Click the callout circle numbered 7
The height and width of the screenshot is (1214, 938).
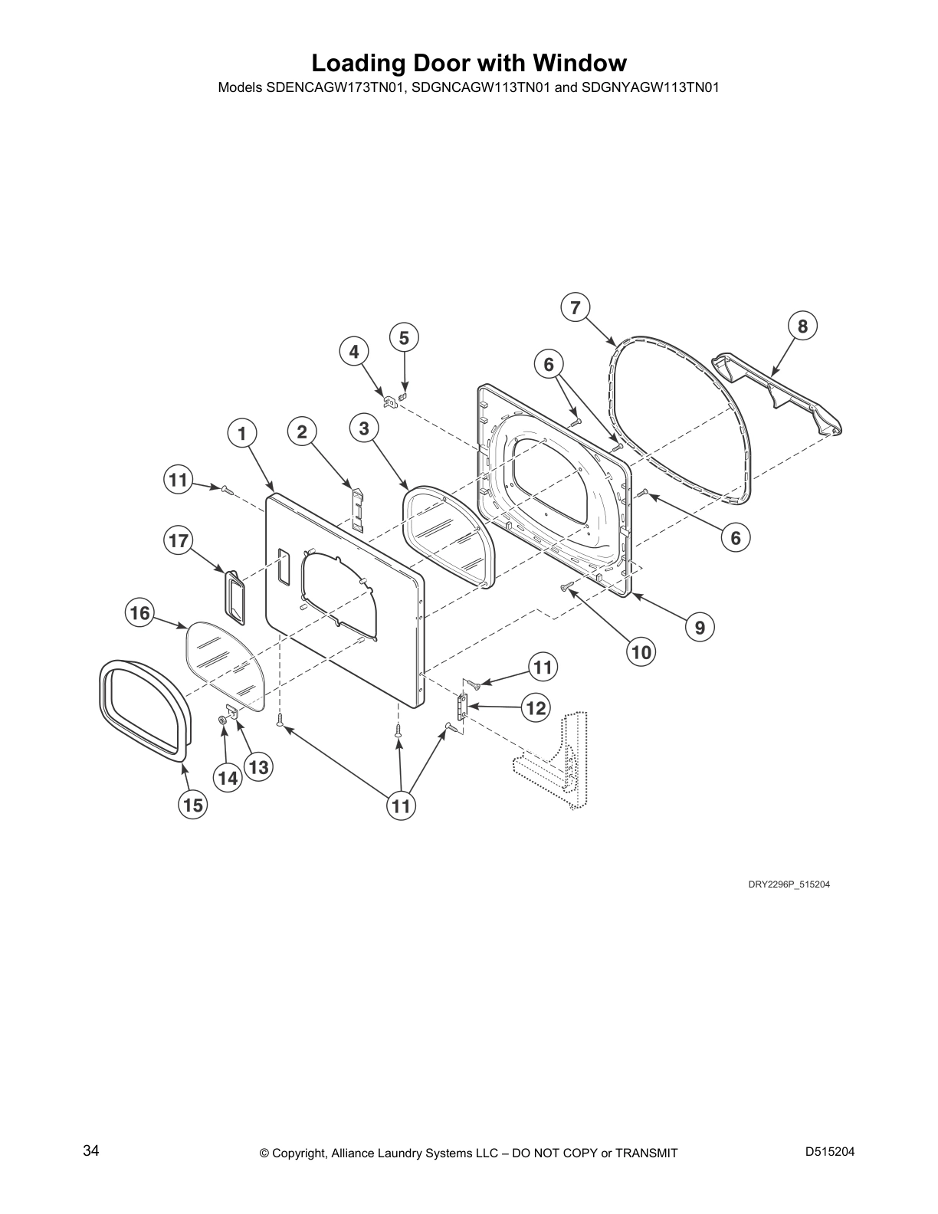575,307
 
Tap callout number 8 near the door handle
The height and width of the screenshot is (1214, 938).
802,326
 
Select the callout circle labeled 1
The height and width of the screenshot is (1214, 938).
242,434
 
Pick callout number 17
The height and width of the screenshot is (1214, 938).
179,541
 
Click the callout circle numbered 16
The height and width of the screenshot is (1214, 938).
139,613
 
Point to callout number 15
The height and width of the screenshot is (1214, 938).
193,805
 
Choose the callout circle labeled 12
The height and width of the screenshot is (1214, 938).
536,708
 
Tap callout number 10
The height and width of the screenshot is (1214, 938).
641,652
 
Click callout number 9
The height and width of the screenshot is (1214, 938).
700,628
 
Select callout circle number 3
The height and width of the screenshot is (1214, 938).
364,428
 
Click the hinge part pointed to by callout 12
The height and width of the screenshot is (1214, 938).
462,707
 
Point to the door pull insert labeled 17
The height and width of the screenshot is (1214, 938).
235,597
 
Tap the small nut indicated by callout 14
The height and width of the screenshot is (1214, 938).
221,720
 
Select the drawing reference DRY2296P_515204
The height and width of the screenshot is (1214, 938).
789,884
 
